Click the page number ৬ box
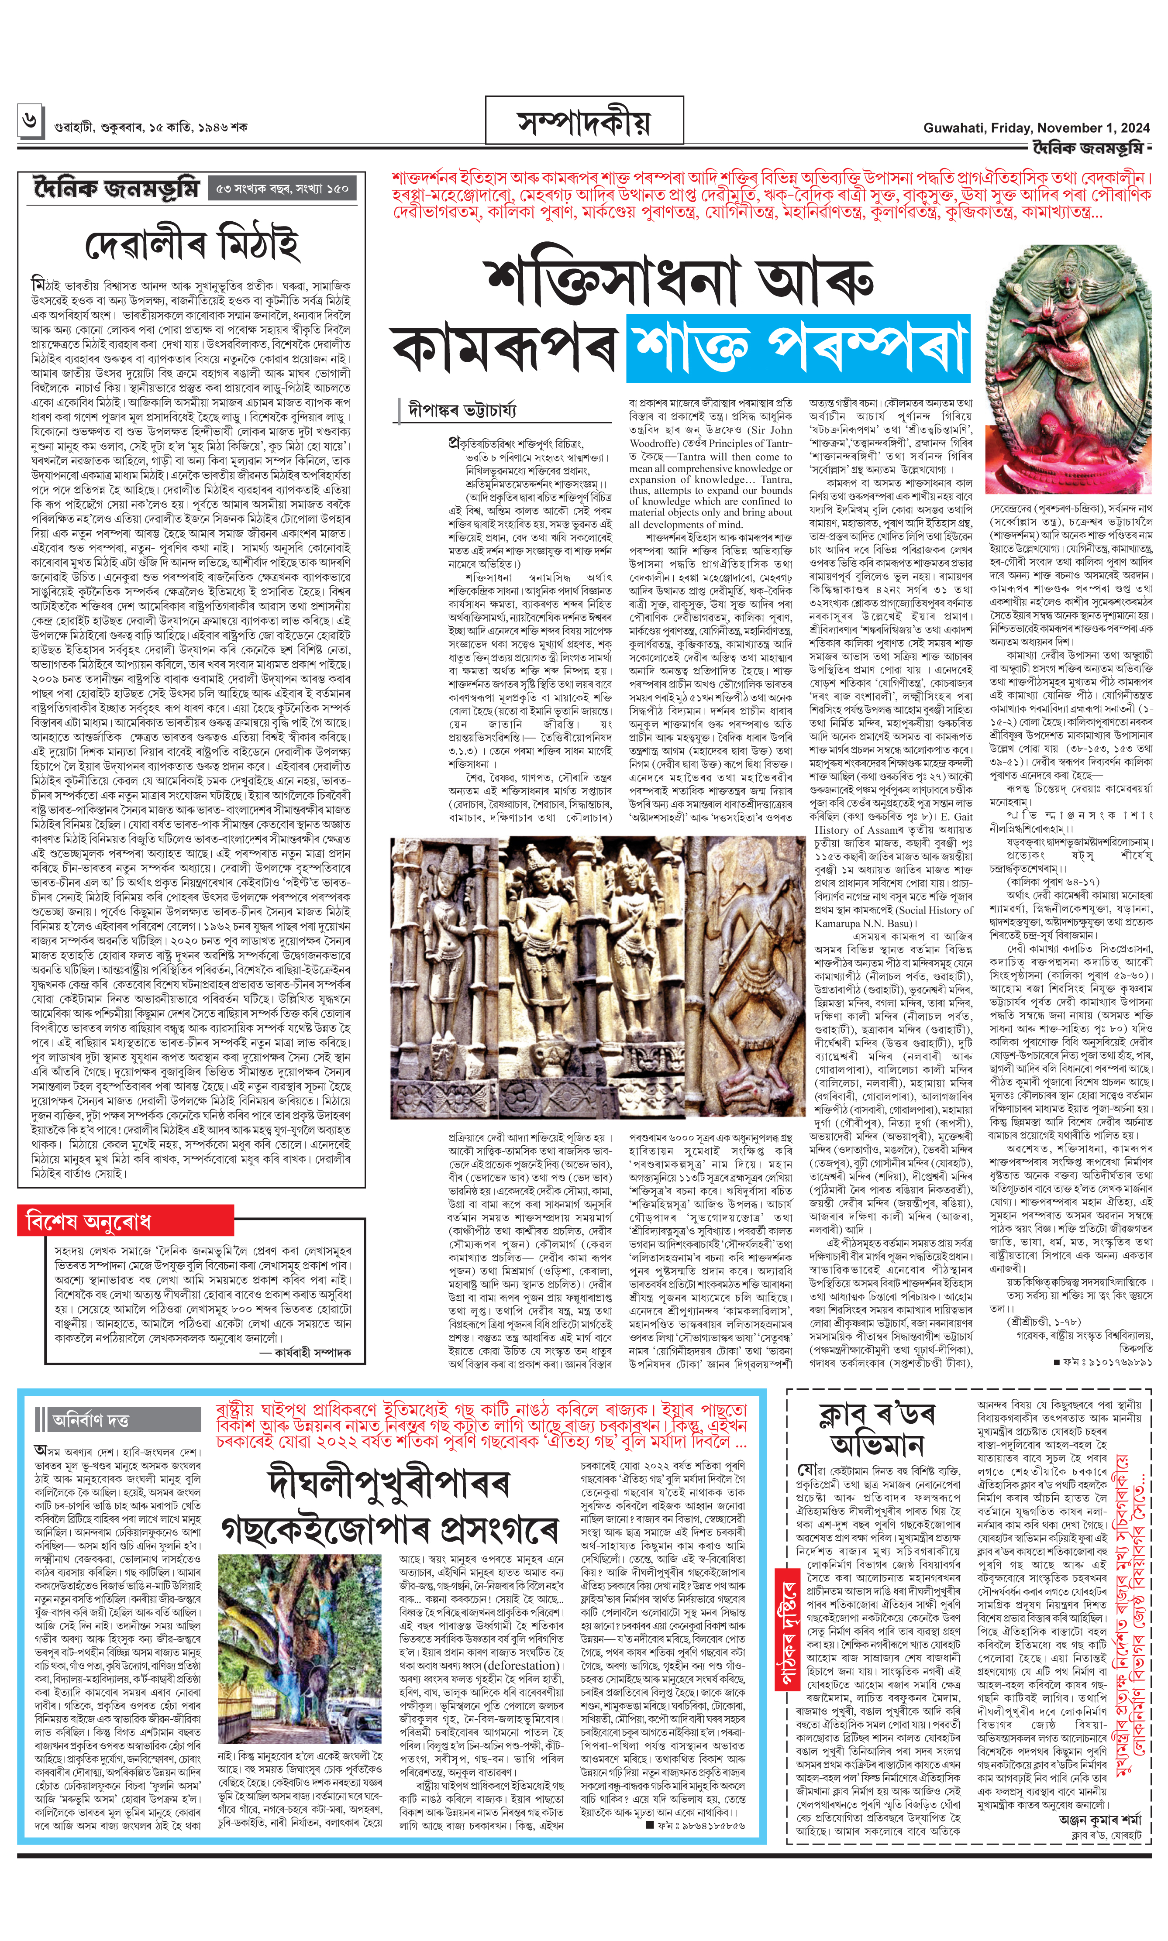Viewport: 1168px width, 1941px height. tap(30, 121)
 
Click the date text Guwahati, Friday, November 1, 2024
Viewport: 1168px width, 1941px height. tap(1036, 127)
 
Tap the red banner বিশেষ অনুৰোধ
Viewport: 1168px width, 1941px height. tap(88, 1222)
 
